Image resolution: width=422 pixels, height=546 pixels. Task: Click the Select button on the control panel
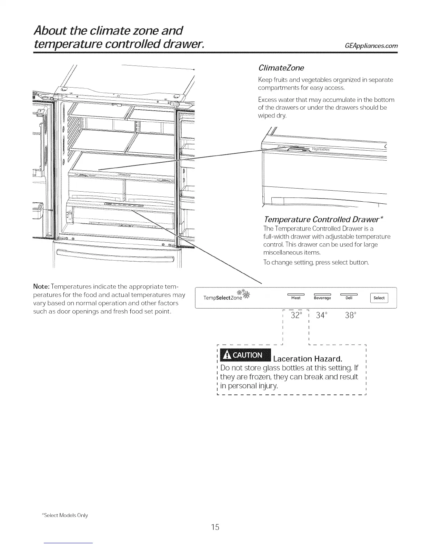tap(379, 298)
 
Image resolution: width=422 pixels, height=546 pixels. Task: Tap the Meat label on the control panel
tap(296, 298)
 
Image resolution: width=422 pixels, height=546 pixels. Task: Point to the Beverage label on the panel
tap(322, 298)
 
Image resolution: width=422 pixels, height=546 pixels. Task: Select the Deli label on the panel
tap(349, 298)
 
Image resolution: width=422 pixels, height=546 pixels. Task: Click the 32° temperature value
tap(296, 315)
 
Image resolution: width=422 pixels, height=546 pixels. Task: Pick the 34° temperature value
tap(321, 315)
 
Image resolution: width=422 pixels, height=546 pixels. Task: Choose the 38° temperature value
tap(350, 315)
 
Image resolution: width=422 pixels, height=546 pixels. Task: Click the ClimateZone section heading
tap(281, 67)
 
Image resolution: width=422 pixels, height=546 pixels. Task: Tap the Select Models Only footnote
tap(65, 515)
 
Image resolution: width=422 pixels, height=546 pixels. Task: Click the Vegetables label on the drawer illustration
tap(321, 149)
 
